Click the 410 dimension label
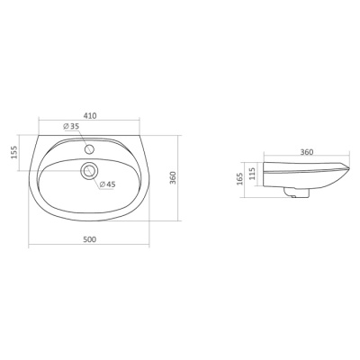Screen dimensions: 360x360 pos(90,115)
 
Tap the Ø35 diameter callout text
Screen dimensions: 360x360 pos(71,126)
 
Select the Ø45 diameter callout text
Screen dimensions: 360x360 pos(107,184)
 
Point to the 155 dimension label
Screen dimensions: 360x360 pos(14,152)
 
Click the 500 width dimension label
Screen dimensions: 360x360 pos(89,239)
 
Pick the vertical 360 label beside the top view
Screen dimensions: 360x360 pos(173,177)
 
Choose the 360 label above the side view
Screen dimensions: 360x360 pos(307,152)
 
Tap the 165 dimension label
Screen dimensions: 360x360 pos(239,179)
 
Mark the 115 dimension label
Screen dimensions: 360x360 pos(252,174)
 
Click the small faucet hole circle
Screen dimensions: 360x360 pos(90,148)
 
